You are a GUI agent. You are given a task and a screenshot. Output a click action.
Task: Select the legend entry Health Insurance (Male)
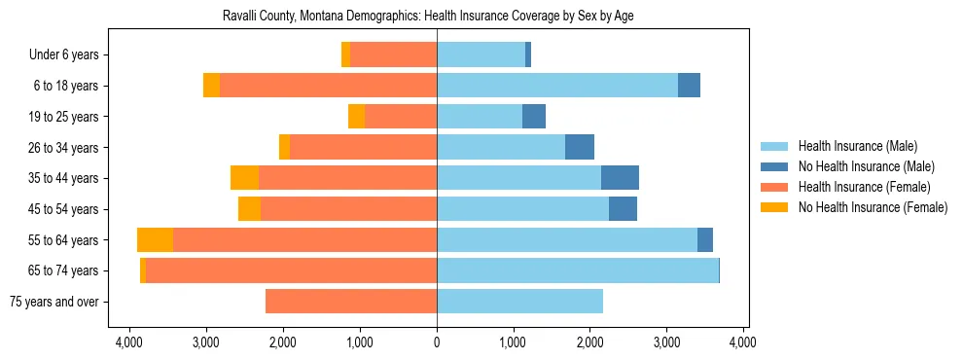click(857, 146)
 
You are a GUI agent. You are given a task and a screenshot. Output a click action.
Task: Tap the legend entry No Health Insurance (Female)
click(873, 207)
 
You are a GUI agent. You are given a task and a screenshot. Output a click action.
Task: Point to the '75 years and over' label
click(54, 302)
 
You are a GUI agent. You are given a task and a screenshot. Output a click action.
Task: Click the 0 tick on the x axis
click(437, 342)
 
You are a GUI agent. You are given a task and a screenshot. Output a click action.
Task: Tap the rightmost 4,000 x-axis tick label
click(743, 342)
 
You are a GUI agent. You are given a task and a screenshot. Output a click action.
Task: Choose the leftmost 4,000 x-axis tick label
click(129, 342)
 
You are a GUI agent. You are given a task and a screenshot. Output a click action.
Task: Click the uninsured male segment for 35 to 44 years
click(620, 178)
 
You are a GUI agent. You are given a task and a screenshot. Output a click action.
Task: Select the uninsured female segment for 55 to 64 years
click(155, 240)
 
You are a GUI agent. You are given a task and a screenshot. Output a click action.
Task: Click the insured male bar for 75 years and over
click(519, 302)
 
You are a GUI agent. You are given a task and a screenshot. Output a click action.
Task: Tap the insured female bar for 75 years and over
click(351, 302)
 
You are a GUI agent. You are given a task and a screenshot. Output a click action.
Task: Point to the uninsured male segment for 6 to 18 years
click(689, 86)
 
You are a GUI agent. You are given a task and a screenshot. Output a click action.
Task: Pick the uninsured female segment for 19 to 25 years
click(356, 117)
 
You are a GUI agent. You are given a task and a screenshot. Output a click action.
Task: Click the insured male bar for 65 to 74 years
click(577, 270)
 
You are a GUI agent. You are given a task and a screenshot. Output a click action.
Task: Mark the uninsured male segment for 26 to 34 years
click(580, 147)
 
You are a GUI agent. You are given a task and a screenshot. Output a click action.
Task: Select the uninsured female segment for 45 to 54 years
click(249, 209)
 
